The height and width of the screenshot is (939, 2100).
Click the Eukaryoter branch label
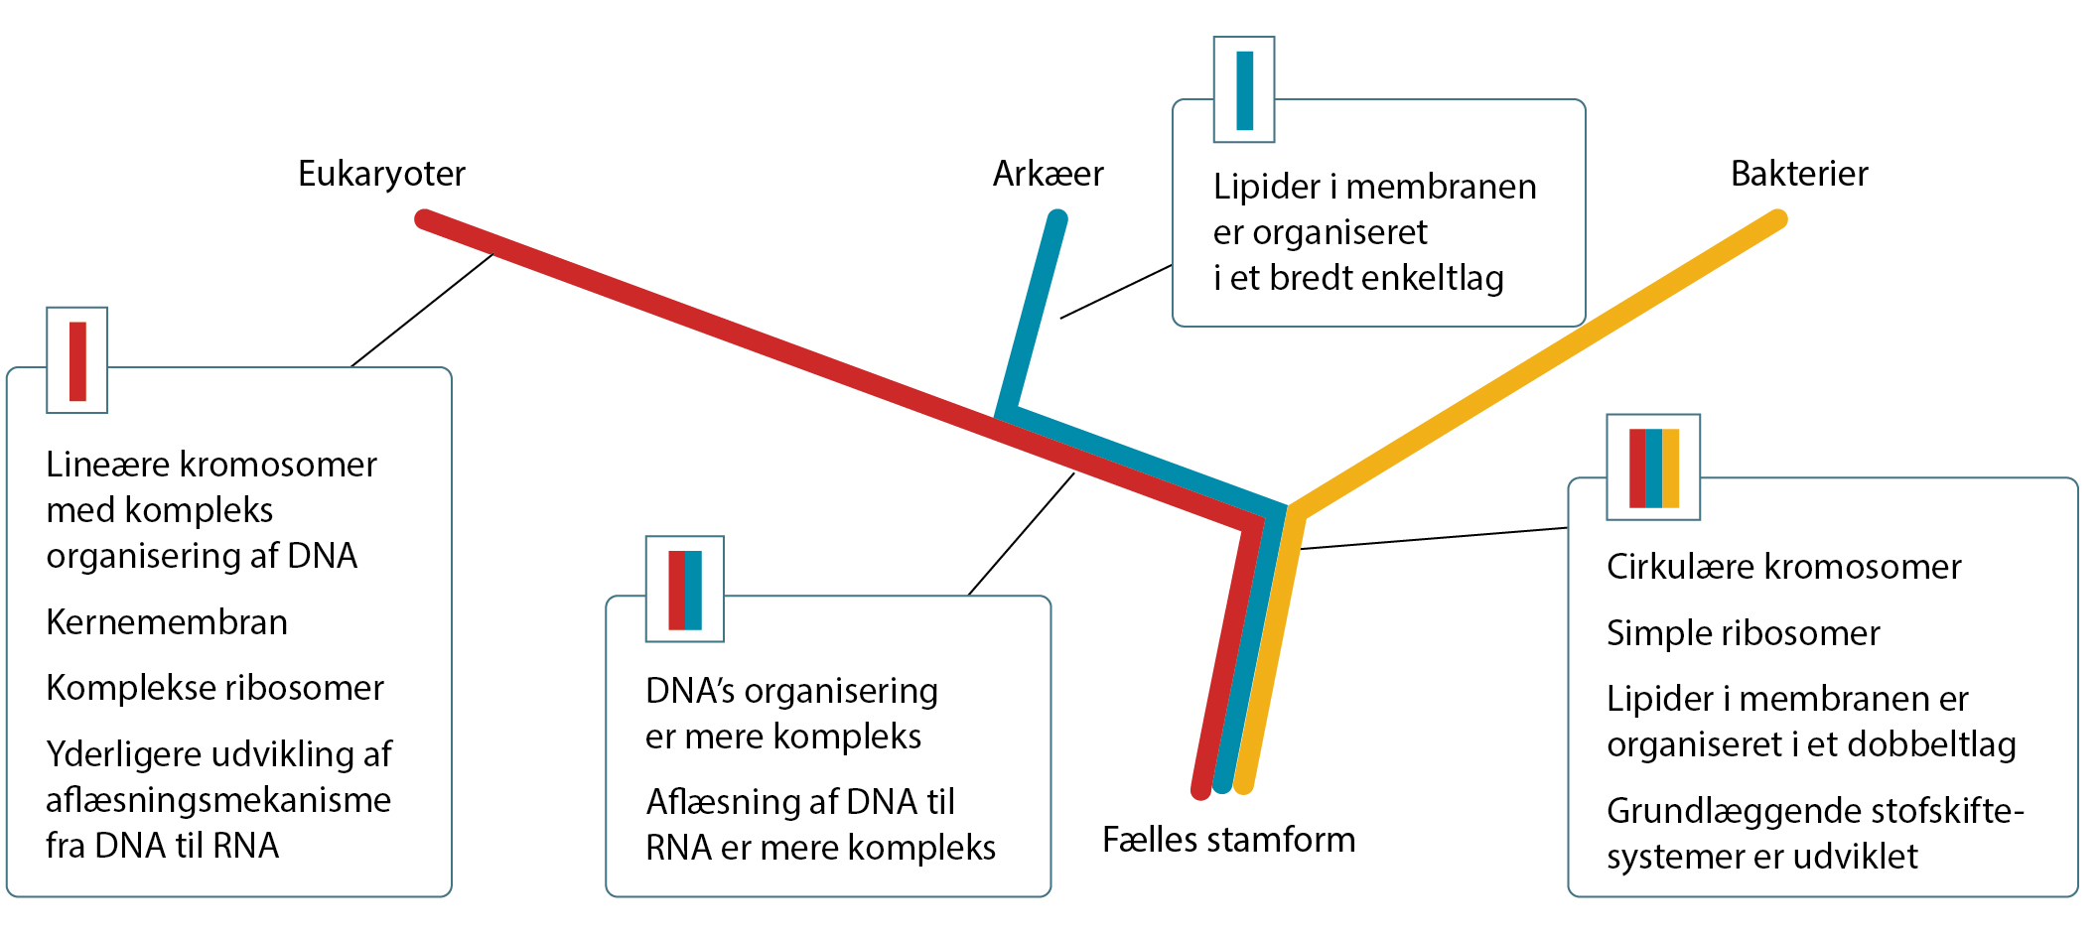[381, 175]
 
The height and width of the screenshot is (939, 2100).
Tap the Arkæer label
[1048, 175]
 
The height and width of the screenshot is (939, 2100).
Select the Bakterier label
[1799, 175]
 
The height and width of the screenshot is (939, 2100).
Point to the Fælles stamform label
[1228, 841]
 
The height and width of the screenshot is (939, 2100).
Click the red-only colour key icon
[77, 360]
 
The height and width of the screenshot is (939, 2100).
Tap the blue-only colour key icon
[1244, 90]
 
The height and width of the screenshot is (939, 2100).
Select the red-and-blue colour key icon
[685, 590]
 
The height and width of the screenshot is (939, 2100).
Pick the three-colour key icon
[1653, 468]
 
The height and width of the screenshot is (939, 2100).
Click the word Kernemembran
[167, 622]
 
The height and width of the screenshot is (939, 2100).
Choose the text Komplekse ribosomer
[214, 688]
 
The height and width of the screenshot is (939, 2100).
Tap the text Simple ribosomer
[1743, 633]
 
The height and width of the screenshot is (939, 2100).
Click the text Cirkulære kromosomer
[1783, 567]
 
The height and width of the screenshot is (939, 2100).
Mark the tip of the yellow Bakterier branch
[1777, 218]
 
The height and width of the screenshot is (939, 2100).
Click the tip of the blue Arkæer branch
[1057, 218]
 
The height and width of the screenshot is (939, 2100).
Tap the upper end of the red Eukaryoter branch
[424, 218]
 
